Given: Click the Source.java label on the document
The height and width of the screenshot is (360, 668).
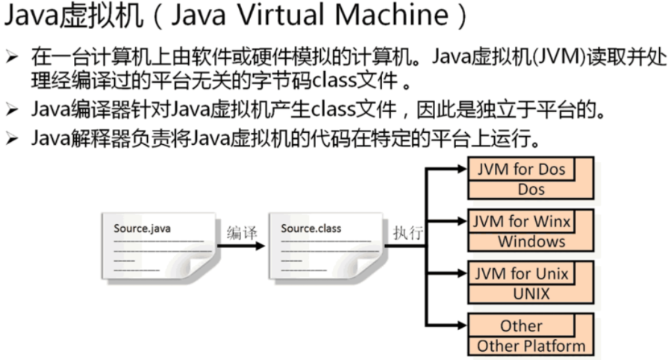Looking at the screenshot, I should (x=142, y=228).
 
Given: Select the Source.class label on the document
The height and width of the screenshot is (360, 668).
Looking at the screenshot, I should (x=311, y=228).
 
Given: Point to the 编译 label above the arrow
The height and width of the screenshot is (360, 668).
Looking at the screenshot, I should (x=242, y=233).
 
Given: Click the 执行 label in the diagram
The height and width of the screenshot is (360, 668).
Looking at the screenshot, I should (x=408, y=232).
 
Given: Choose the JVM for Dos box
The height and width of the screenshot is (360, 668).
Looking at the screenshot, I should (x=521, y=169).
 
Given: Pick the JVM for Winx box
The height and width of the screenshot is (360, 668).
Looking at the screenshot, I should (x=521, y=221).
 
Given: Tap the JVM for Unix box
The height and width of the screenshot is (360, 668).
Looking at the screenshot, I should (x=521, y=273).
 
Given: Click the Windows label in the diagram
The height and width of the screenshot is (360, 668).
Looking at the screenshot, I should (x=531, y=241).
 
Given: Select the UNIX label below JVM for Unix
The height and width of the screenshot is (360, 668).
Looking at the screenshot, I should (x=531, y=294).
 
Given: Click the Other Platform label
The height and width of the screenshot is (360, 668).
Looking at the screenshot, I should (x=531, y=346).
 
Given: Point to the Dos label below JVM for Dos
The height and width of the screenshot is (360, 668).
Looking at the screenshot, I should (x=531, y=189).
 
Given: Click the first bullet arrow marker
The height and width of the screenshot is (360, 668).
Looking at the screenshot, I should (x=13, y=56).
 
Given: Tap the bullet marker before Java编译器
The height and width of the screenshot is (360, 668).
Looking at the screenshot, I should (x=13, y=111).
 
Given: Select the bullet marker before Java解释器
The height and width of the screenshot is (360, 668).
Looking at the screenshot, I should (x=13, y=138).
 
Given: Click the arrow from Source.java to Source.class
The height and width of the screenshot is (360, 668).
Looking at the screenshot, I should (x=240, y=246).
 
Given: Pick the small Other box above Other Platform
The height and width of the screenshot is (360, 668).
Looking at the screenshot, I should (x=521, y=326).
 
